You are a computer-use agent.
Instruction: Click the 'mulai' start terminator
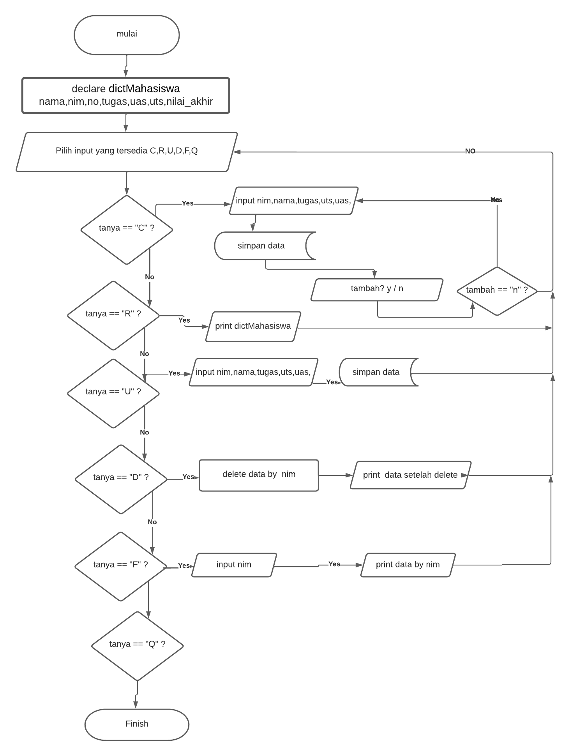(x=127, y=35)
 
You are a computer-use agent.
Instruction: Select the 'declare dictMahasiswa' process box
(x=125, y=95)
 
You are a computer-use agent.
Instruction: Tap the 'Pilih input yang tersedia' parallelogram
(x=127, y=152)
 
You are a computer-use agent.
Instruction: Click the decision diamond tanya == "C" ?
(x=127, y=229)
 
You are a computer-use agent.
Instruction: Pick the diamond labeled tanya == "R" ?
(x=113, y=315)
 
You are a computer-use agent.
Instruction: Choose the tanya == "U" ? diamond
(x=113, y=393)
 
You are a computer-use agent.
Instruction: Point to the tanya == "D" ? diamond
(x=121, y=479)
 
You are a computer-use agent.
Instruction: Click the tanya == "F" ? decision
(x=121, y=566)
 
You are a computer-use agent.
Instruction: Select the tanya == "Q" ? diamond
(x=137, y=645)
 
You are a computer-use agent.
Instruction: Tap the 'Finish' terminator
(x=137, y=724)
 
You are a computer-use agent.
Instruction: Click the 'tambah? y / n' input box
(x=377, y=289)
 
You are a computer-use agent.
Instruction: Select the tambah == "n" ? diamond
(x=497, y=291)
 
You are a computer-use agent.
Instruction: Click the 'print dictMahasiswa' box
(x=253, y=327)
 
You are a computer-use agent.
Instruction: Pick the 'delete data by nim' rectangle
(x=259, y=475)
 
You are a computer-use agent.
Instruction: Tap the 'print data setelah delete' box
(x=410, y=475)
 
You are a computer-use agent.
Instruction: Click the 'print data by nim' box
(x=408, y=565)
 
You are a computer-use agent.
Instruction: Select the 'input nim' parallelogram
(x=234, y=565)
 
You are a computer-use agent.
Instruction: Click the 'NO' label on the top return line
(x=470, y=151)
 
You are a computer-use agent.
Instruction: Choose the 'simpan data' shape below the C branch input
(x=261, y=246)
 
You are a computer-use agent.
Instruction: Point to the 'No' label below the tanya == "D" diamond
(x=152, y=522)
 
